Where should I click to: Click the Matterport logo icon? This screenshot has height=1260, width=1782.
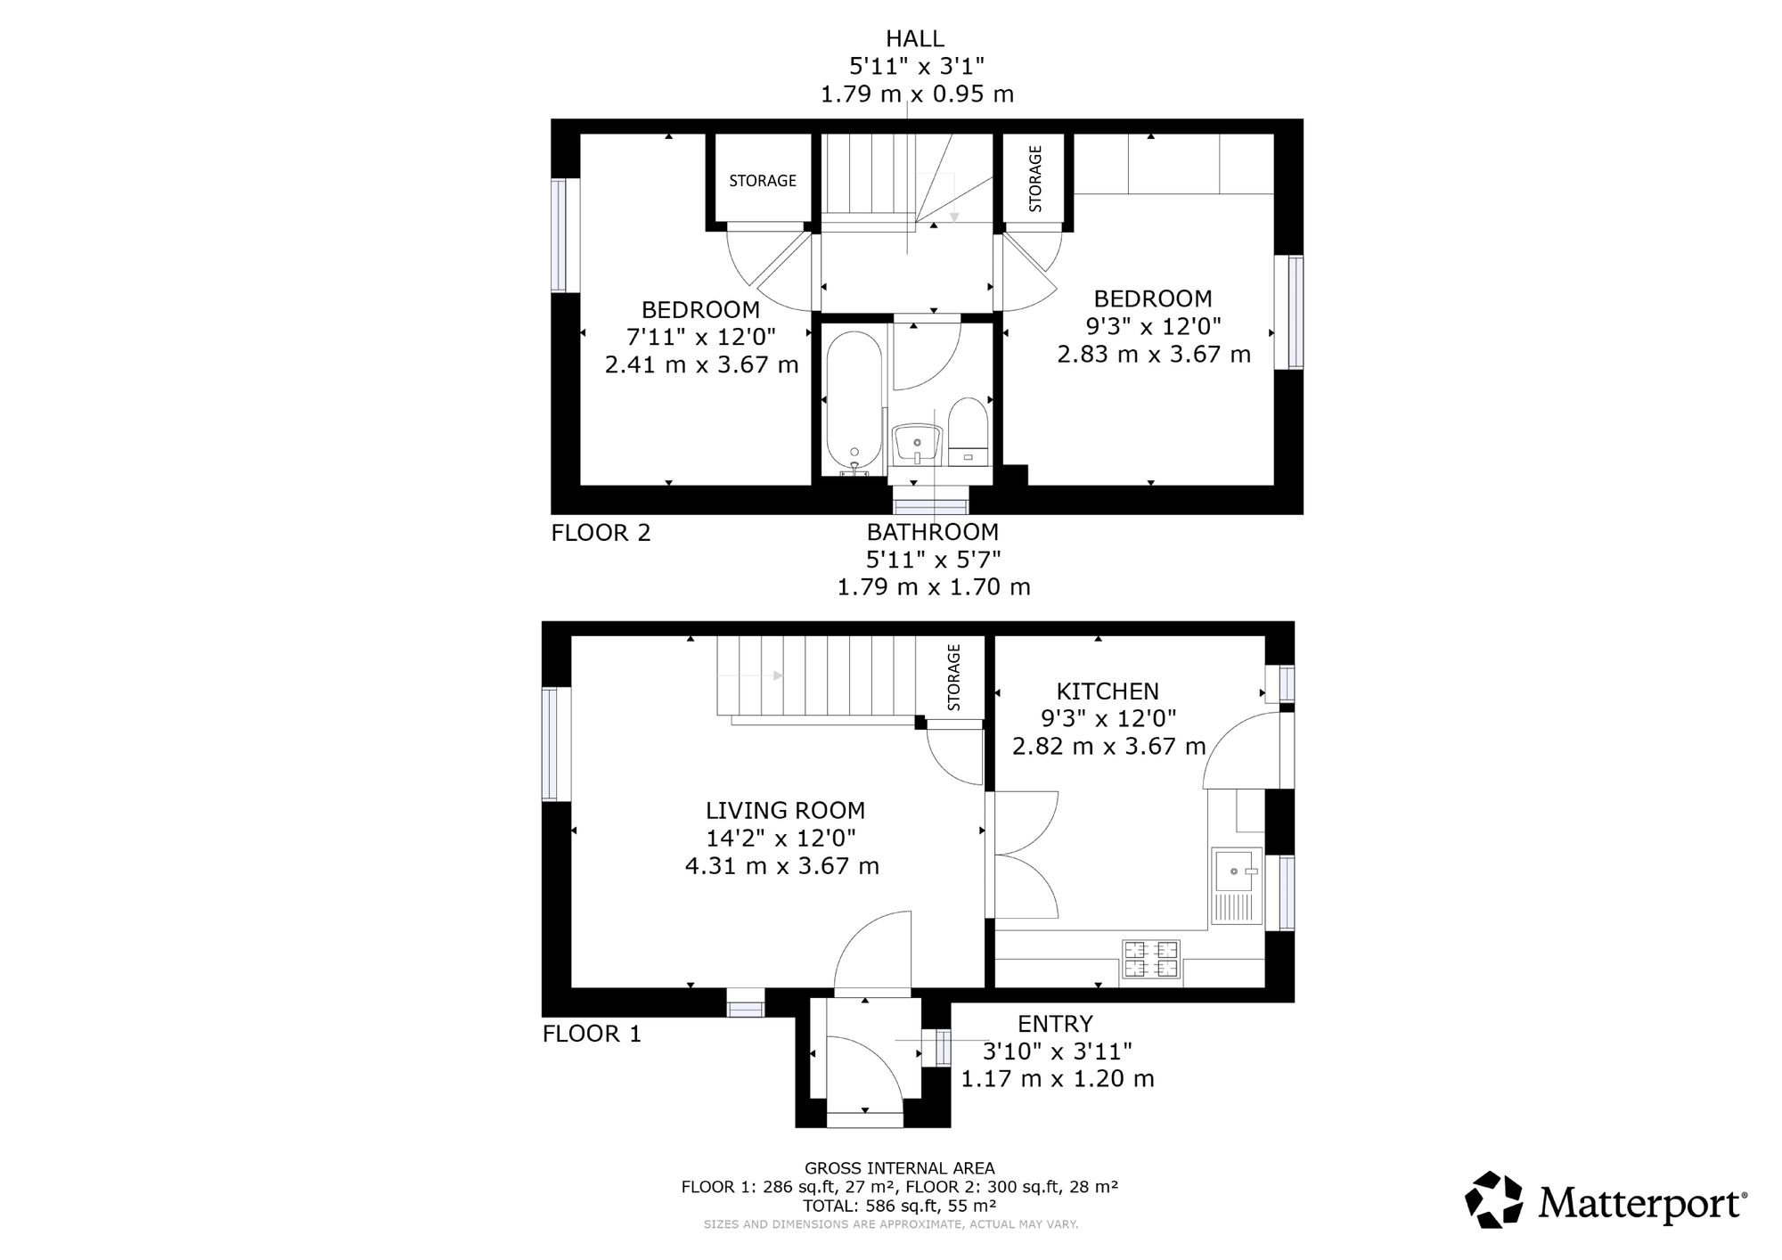pyautogui.click(x=1495, y=1199)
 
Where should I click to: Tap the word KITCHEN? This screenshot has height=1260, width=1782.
pyautogui.click(x=1108, y=691)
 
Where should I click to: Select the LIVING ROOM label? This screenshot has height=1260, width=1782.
pyautogui.click(x=785, y=810)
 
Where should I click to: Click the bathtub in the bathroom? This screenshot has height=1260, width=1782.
pyautogui.click(x=854, y=404)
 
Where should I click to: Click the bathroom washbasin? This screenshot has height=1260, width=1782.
pyautogui.click(x=917, y=444)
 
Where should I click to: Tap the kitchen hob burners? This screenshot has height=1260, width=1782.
pyautogui.click(x=1150, y=959)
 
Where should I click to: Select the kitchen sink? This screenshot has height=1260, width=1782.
pyautogui.click(x=1237, y=886)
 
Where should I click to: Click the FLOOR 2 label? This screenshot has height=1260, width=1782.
pyautogui.click(x=601, y=533)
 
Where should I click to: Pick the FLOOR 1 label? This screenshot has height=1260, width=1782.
pyautogui.click(x=592, y=1034)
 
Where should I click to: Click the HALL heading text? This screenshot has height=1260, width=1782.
pyautogui.click(x=914, y=38)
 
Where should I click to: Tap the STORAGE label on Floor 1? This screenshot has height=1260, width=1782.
pyautogui.click(x=954, y=677)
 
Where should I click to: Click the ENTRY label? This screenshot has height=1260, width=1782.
pyautogui.click(x=1055, y=1023)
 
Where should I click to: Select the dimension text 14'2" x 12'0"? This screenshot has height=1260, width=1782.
pyautogui.click(x=781, y=838)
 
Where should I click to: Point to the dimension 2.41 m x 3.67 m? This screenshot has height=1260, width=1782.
pyautogui.click(x=701, y=364)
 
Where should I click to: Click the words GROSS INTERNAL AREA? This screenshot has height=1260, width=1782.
pyautogui.click(x=899, y=1168)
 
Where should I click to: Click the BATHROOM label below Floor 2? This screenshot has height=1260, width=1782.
pyautogui.click(x=933, y=532)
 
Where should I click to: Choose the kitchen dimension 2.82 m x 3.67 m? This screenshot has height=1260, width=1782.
pyautogui.click(x=1108, y=746)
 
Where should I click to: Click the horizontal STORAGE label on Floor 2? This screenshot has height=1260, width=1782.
pyautogui.click(x=763, y=181)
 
